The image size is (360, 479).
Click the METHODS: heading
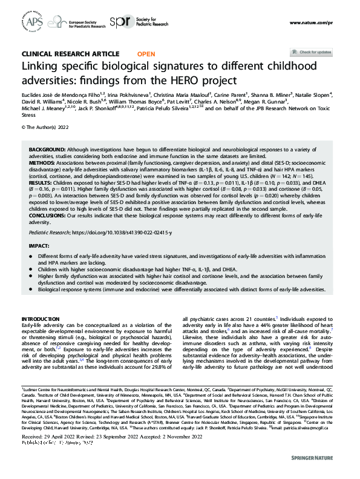tap(43, 162)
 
